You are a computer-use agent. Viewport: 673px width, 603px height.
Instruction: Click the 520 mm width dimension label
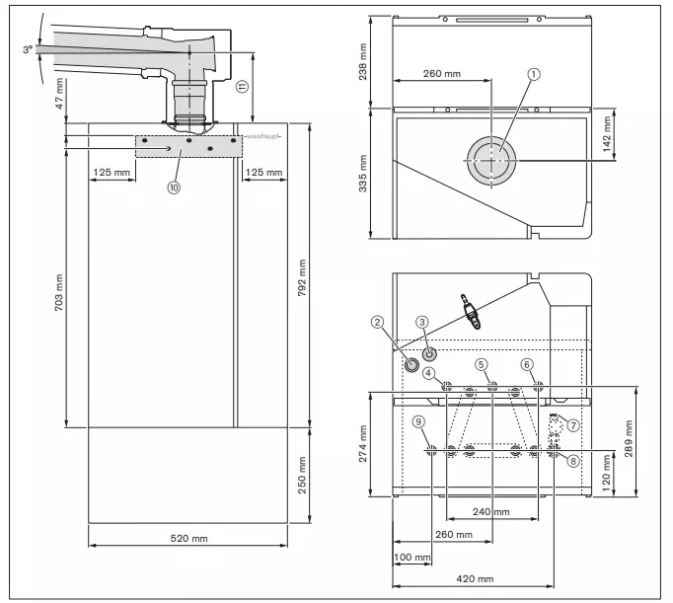(188, 538)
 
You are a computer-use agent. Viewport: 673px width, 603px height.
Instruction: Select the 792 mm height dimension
(302, 277)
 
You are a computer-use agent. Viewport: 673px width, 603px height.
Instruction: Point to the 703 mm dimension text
(59, 293)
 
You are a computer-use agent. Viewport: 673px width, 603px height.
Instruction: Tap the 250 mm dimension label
(302, 475)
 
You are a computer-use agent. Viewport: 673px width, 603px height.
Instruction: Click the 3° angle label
(28, 49)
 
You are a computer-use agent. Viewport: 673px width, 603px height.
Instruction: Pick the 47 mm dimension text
(59, 93)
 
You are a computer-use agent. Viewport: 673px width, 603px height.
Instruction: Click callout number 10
(174, 188)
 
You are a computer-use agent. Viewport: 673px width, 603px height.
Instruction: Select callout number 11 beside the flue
(242, 87)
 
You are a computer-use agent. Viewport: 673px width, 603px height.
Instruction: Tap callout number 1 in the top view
(534, 74)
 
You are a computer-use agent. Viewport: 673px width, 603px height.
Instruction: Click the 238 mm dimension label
(363, 61)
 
